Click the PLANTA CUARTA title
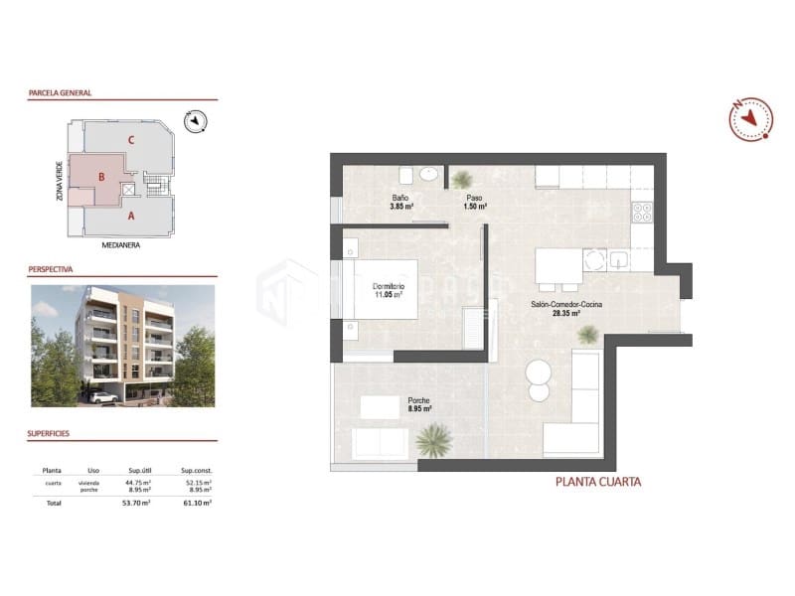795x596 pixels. (596, 483)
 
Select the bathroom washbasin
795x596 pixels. (429, 174)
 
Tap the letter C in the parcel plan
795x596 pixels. (131, 139)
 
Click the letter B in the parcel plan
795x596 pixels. (101, 178)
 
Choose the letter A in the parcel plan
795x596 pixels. (131, 214)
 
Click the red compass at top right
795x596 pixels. (750, 119)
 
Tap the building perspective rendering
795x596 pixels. (122, 346)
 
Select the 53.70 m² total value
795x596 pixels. (134, 504)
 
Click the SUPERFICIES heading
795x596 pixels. (56, 434)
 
